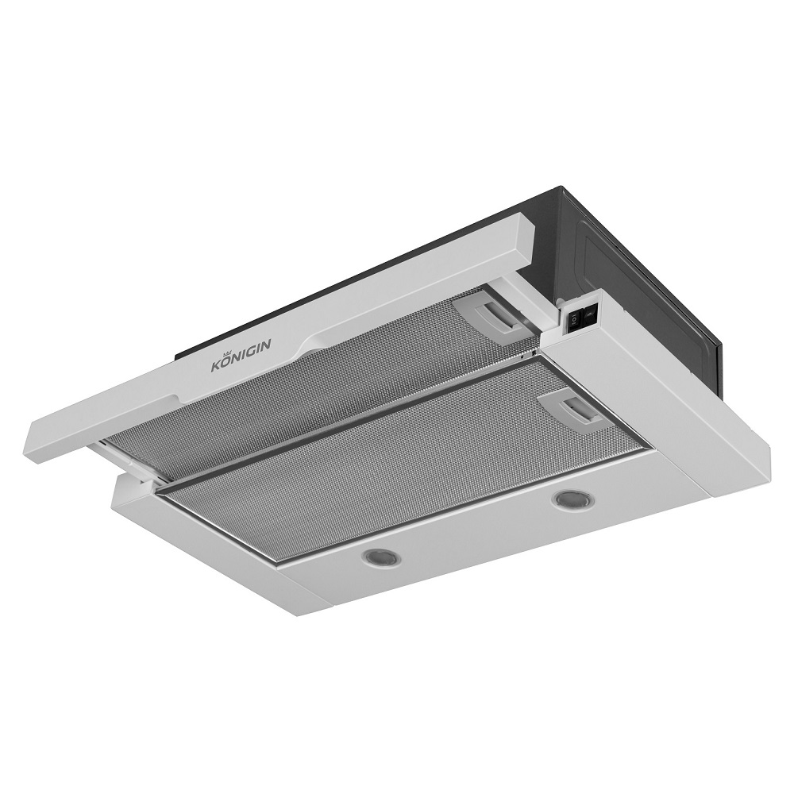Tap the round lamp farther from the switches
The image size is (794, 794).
tap(381, 557)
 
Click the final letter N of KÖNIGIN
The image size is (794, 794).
tap(267, 345)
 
